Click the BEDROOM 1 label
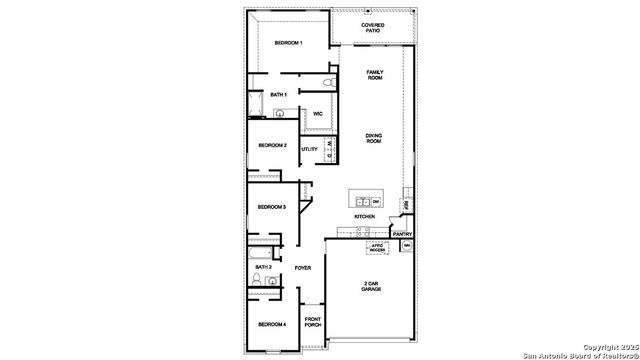288,43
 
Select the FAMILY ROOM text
375,75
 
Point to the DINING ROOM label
374,139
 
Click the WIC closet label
317,114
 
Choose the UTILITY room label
309,149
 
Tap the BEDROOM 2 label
272,146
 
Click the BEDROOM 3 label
272,207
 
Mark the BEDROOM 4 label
271,325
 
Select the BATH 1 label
278,95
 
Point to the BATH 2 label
263,267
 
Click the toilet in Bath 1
328,82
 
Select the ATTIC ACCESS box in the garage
377,246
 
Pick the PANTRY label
402,234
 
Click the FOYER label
303,267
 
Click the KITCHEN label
364,217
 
